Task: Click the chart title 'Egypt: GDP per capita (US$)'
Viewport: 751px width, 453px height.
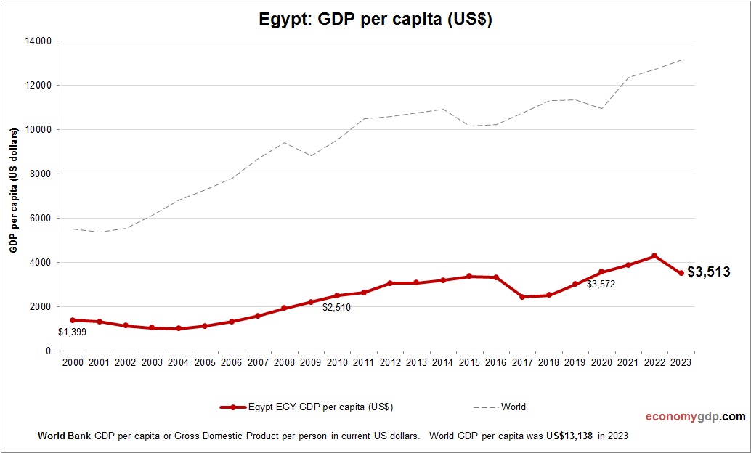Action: point(375,20)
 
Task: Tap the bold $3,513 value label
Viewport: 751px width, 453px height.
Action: point(709,272)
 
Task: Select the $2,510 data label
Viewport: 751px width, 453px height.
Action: point(336,307)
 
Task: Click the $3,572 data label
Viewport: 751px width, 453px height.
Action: point(601,285)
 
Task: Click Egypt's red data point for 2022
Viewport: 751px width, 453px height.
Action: point(654,256)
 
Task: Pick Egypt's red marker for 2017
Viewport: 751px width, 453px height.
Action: point(522,297)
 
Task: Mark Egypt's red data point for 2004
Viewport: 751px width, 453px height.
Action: point(179,329)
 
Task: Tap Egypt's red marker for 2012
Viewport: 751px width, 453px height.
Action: point(390,283)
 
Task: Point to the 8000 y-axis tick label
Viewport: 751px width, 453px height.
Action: point(40,174)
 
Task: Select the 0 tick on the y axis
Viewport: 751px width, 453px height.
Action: point(48,351)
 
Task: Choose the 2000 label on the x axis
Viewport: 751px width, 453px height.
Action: point(73,363)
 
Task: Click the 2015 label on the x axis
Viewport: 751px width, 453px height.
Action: point(469,363)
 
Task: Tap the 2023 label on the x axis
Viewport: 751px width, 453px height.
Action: point(681,363)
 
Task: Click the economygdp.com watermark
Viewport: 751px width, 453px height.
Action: point(695,417)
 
